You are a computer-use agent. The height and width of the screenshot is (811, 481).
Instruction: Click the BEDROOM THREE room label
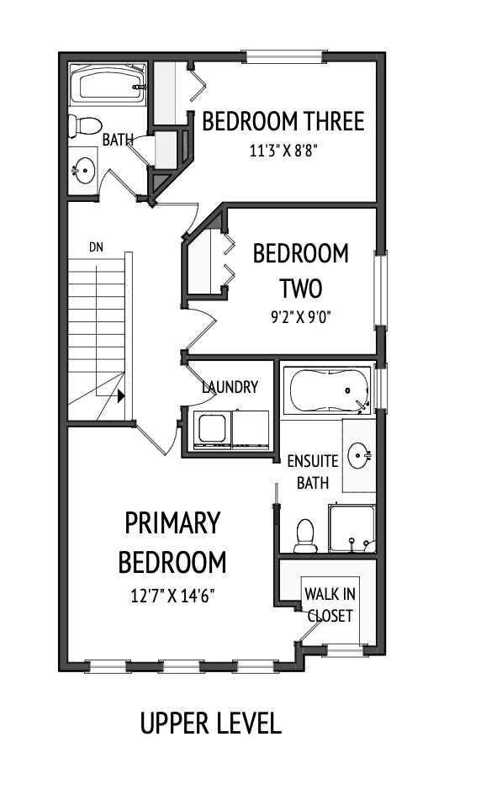pyautogui.click(x=283, y=122)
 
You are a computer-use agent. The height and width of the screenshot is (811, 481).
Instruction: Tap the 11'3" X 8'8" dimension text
pyautogui.click(x=283, y=151)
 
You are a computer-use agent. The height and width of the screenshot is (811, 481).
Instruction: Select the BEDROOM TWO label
pyautogui.click(x=288, y=271)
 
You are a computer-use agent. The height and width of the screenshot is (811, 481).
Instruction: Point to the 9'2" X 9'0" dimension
pyautogui.click(x=288, y=319)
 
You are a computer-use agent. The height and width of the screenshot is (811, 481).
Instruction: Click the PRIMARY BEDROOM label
pyautogui.click(x=172, y=542)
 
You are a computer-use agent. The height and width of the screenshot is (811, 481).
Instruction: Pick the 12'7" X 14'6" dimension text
pyautogui.click(x=173, y=596)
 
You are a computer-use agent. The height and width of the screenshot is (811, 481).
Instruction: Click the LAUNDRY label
pyautogui.click(x=230, y=387)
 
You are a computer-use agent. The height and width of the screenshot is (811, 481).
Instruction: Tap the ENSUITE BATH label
pyautogui.click(x=313, y=472)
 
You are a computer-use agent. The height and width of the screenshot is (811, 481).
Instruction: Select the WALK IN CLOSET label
pyautogui.click(x=330, y=605)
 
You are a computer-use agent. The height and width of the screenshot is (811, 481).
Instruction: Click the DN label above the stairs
pyautogui.click(x=96, y=247)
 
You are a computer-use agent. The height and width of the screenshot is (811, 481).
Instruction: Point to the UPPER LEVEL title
pyautogui.click(x=210, y=724)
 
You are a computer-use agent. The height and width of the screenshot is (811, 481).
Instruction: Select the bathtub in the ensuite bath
pyautogui.click(x=326, y=390)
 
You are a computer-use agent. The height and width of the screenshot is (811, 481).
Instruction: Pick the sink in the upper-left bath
pyautogui.click(x=82, y=171)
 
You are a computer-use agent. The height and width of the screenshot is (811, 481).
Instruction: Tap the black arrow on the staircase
pyautogui.click(x=122, y=395)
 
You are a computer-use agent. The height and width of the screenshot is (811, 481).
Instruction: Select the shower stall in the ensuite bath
pyautogui.click(x=352, y=529)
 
